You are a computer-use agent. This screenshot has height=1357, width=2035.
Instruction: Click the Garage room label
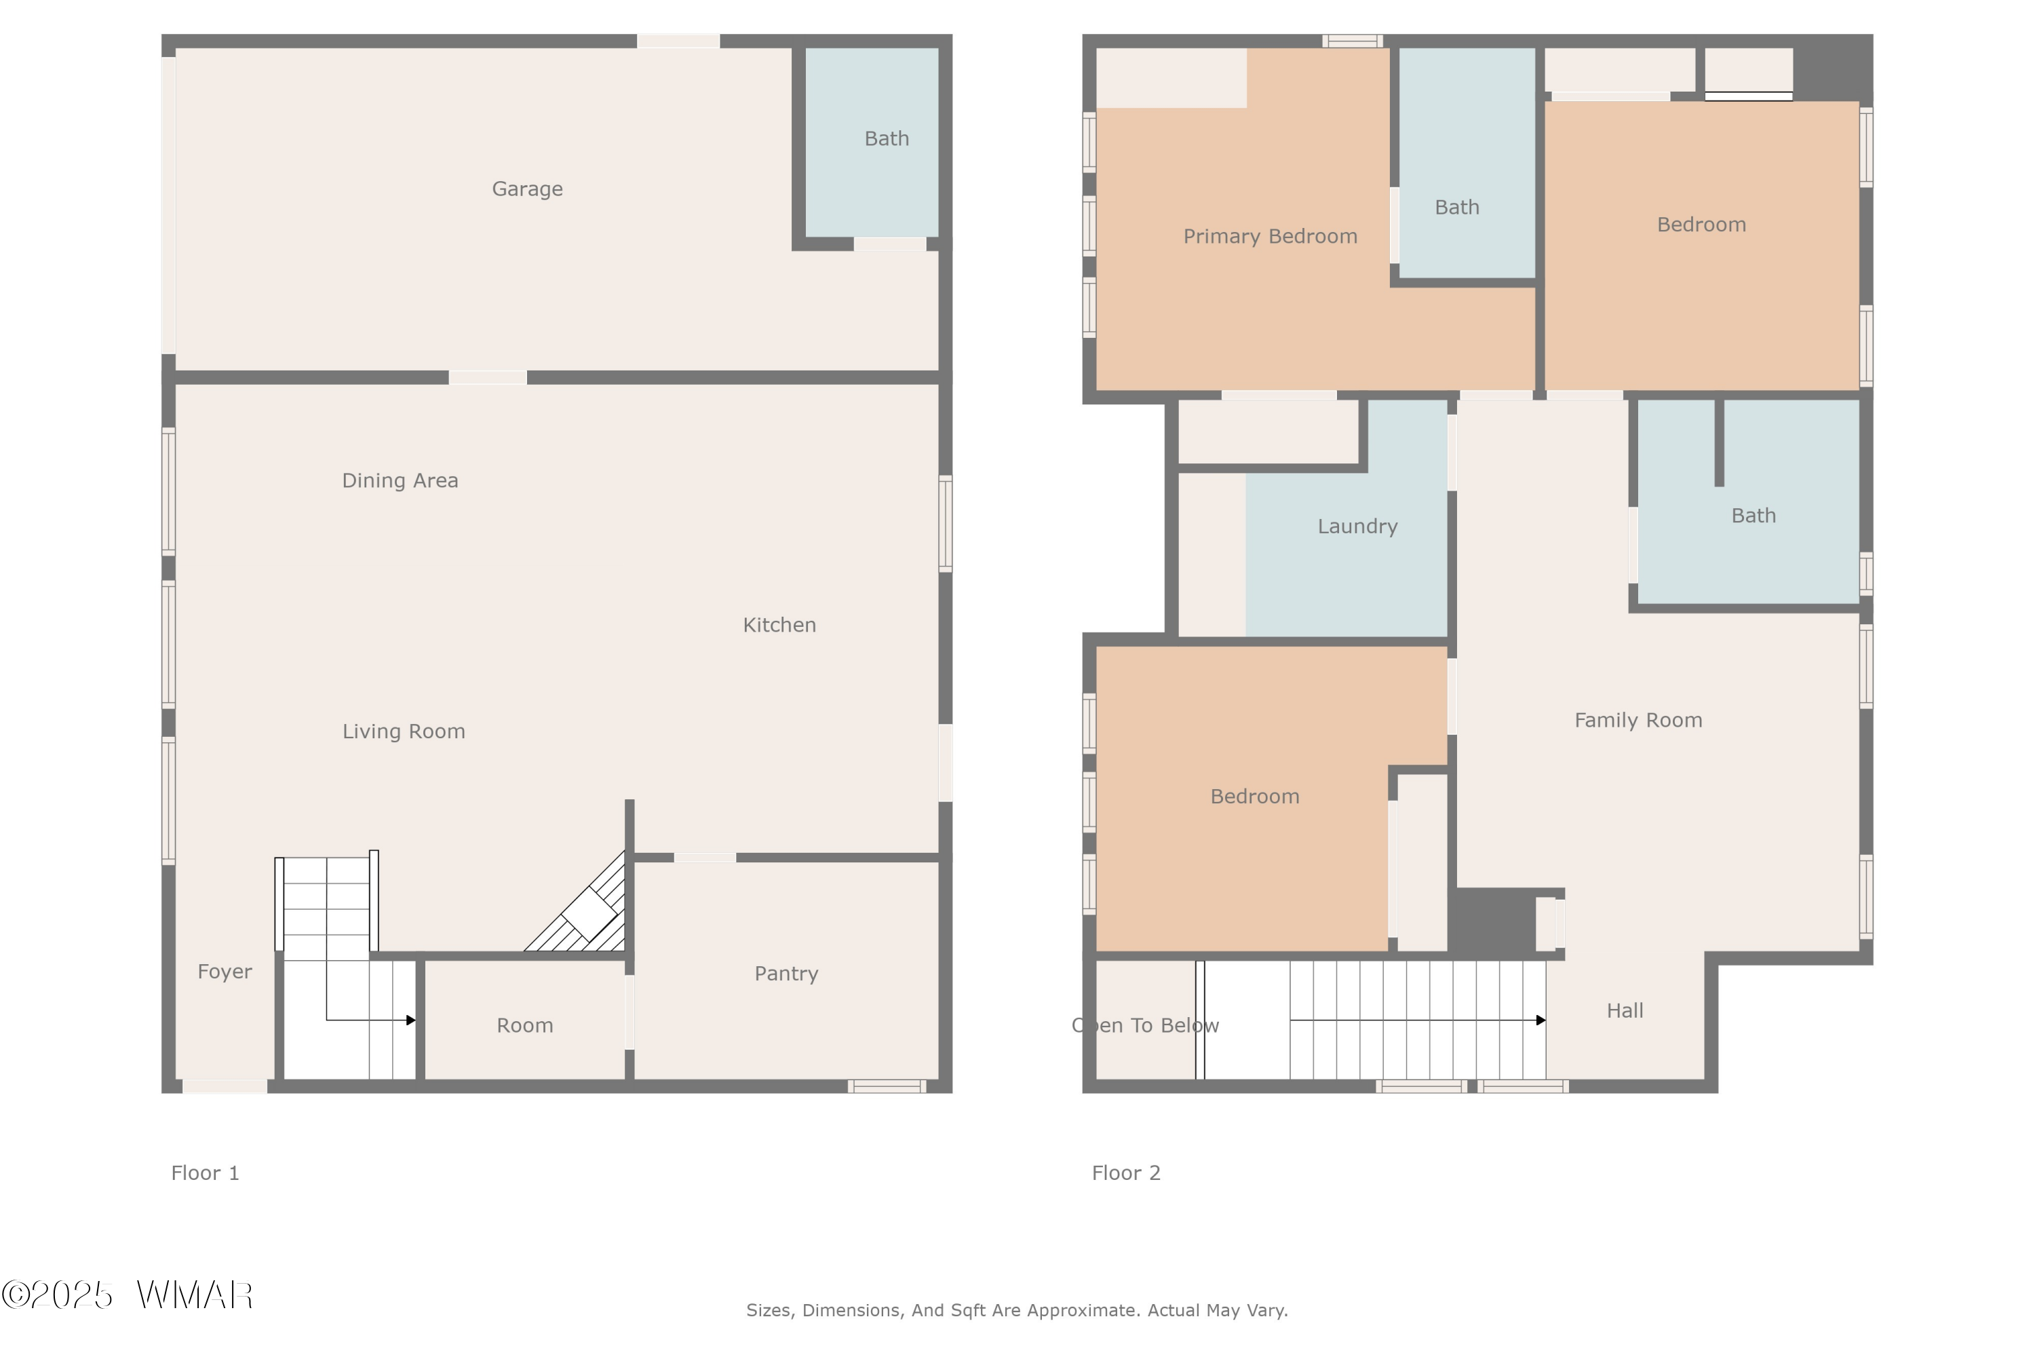click(x=527, y=189)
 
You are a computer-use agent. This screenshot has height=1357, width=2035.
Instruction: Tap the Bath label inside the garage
click(x=886, y=138)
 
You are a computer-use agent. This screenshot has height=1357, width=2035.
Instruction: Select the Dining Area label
click(x=400, y=480)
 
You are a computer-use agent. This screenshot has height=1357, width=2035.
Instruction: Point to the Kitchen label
click(x=779, y=625)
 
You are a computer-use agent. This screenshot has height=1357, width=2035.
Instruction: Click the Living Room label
click(x=403, y=731)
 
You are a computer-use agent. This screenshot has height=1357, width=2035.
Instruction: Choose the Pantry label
click(x=786, y=974)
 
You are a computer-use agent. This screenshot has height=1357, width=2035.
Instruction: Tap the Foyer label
click(x=224, y=971)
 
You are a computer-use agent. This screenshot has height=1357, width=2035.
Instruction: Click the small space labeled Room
click(x=524, y=1025)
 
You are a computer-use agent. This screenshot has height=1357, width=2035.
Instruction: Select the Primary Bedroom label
click(x=1269, y=236)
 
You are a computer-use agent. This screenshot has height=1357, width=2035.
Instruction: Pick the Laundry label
click(x=1357, y=527)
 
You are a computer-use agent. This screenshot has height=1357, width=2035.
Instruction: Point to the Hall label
click(x=1624, y=1011)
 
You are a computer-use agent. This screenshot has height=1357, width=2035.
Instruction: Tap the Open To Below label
click(x=1145, y=1025)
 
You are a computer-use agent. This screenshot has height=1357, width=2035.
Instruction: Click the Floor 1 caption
click(x=204, y=1172)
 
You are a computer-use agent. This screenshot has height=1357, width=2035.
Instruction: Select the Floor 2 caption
click(x=1125, y=1172)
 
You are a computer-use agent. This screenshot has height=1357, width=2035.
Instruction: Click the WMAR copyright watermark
click(x=128, y=1295)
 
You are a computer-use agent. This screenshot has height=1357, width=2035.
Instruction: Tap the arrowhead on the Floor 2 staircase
click(x=1540, y=1020)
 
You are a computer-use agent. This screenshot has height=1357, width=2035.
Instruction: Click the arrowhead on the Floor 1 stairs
click(x=411, y=1020)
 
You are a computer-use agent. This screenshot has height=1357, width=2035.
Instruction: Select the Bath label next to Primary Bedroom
click(x=1456, y=208)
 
